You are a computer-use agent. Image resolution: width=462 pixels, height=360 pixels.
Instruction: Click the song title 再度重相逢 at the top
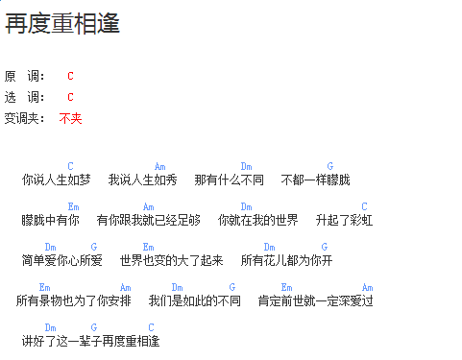62,24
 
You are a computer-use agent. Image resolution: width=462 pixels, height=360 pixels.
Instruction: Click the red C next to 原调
70,76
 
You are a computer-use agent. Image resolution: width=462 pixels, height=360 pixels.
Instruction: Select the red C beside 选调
70,97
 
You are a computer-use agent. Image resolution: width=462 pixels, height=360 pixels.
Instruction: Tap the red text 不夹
70,118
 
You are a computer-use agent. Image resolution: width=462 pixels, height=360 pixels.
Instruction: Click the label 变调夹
25,118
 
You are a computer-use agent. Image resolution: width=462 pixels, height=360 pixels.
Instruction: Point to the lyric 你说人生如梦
56,180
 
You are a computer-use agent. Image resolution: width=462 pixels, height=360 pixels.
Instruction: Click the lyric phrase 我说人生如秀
142,180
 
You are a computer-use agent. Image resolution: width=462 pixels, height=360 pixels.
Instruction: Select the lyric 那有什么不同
229,180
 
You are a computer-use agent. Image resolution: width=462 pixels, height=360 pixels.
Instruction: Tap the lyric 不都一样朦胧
315,180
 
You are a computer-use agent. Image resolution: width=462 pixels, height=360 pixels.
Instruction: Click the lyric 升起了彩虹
344,220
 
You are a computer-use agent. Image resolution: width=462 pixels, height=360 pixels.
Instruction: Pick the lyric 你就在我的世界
257,220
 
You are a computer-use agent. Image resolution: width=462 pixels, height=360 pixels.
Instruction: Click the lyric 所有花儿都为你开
286,260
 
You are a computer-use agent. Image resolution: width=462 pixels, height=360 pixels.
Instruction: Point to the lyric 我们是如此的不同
194,300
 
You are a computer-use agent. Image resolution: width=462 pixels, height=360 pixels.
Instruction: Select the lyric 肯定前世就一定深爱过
315,300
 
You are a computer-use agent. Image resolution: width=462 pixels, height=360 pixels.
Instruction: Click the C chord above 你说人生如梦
70,166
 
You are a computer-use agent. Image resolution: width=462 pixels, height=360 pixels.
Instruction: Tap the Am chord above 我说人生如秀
159,166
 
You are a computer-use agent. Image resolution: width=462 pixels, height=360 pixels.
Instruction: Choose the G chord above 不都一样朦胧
329,166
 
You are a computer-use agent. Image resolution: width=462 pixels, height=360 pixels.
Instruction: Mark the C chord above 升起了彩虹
364,206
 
